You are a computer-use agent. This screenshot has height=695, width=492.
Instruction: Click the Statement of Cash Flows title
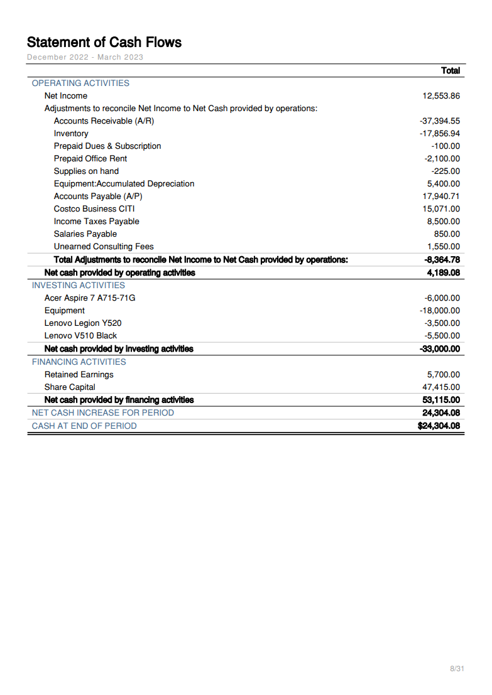(x=104, y=43)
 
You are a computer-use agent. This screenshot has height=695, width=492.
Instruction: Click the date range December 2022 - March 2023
(x=85, y=57)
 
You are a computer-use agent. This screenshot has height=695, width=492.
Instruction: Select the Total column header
(x=451, y=71)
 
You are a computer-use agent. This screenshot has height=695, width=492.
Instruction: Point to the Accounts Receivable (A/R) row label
(x=104, y=121)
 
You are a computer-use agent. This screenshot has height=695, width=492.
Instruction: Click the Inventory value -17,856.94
(x=440, y=134)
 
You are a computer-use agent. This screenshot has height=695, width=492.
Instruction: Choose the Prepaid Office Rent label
(x=90, y=159)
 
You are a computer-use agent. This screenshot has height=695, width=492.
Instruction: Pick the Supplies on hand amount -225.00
(x=446, y=171)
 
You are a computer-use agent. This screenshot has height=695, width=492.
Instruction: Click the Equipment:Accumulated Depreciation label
(x=124, y=184)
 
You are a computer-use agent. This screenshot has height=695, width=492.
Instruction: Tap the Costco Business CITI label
(x=94, y=209)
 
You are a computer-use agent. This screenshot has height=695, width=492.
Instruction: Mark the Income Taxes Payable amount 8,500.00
(x=444, y=222)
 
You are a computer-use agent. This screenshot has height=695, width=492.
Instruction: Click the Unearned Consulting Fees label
(x=104, y=247)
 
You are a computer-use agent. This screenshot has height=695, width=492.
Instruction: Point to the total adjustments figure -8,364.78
(x=442, y=260)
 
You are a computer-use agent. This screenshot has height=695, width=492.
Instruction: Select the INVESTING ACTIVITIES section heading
(x=79, y=286)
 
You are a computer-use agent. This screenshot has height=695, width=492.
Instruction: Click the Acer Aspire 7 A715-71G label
(x=90, y=298)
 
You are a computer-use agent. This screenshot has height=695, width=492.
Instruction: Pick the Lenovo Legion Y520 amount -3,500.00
(x=442, y=323)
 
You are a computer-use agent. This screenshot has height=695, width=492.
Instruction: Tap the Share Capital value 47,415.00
(x=441, y=387)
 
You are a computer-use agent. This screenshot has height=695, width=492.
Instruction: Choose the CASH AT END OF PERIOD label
(x=84, y=426)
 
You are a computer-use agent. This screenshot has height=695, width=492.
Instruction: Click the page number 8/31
(x=457, y=669)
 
